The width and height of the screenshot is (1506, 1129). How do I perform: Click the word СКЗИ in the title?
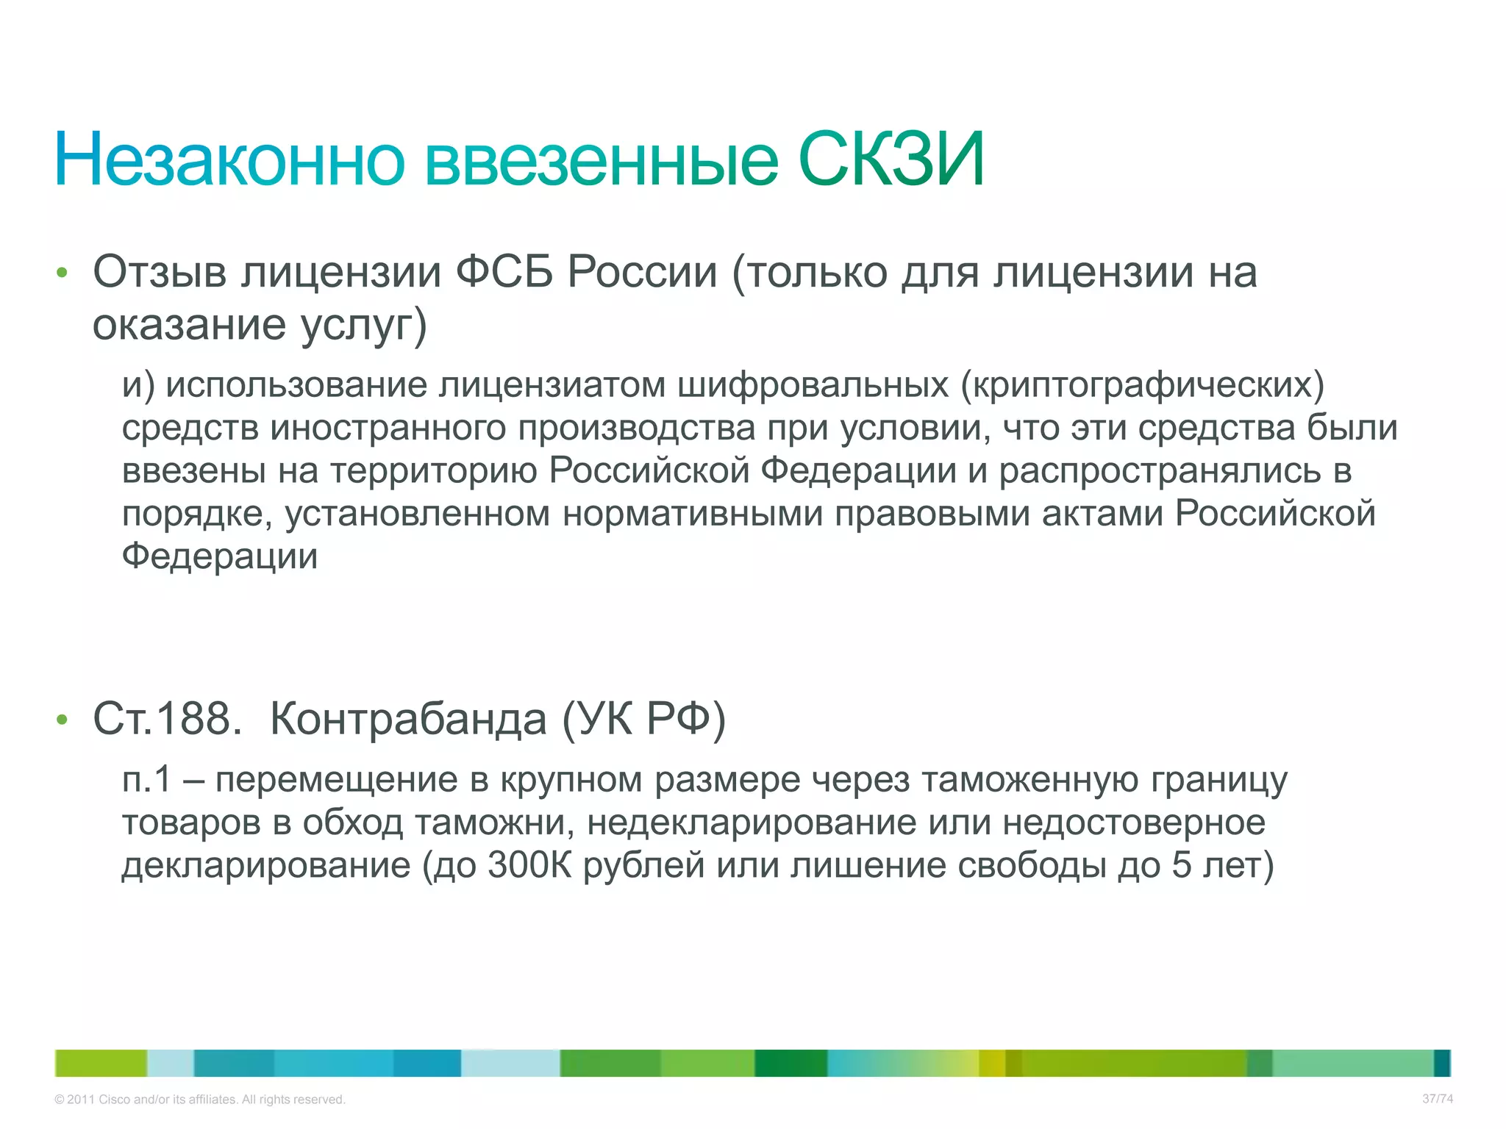click(x=891, y=160)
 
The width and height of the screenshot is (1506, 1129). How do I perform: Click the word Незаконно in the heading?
click(x=229, y=160)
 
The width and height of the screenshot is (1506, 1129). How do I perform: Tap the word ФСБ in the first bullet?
click(x=504, y=272)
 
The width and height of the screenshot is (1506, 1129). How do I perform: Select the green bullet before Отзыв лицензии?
click(x=62, y=273)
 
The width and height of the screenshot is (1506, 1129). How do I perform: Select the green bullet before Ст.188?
click(x=62, y=720)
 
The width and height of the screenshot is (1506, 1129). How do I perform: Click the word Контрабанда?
click(x=408, y=719)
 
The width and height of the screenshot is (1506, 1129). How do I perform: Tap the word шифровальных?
click(x=813, y=385)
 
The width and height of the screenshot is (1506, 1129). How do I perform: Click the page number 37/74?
click(x=1437, y=1099)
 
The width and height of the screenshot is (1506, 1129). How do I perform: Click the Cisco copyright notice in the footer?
click(x=199, y=1100)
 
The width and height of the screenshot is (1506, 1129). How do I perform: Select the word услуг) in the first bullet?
click(x=364, y=325)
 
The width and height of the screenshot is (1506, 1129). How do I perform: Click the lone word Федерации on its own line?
click(x=220, y=556)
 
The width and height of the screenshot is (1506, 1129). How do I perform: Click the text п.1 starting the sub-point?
click(x=146, y=780)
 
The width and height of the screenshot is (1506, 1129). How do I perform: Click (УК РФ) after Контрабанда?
click(x=643, y=719)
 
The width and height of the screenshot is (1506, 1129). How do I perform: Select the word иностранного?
click(x=388, y=428)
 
